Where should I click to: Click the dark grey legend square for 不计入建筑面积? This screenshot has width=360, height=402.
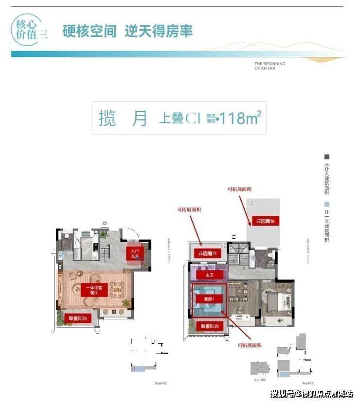(x=327, y=157)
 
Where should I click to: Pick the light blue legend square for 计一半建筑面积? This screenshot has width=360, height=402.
(x=327, y=205)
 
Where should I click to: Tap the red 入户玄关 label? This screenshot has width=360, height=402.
(x=135, y=253)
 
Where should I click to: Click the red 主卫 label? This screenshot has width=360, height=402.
(x=210, y=275)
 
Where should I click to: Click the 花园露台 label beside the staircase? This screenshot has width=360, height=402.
(x=207, y=254)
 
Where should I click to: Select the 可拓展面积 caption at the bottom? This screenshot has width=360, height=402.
(x=250, y=345)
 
